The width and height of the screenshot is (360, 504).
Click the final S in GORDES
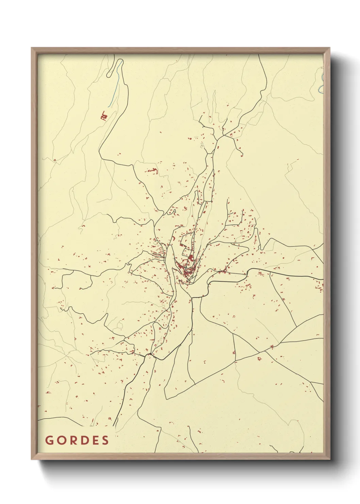coord(105,440)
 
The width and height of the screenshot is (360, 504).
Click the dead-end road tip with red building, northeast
coord(242,155)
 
